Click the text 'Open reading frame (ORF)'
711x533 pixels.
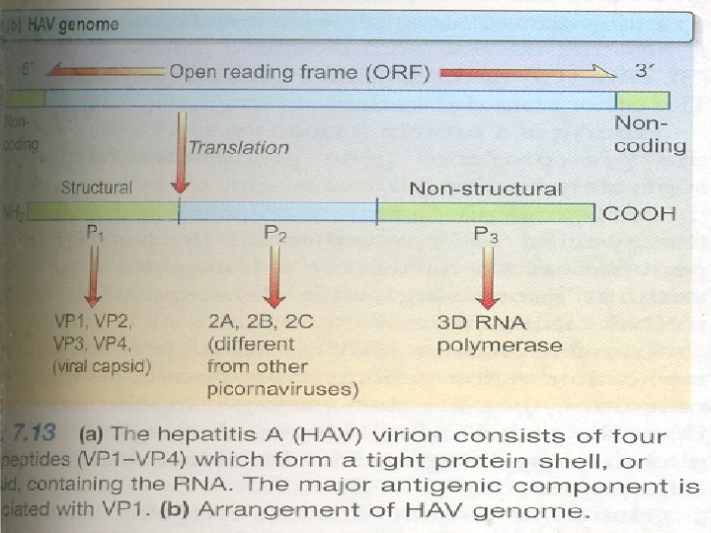pos(299,73)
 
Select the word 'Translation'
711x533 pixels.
pos(239,147)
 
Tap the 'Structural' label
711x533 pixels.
pos(96,188)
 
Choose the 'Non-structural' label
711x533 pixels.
pos(485,189)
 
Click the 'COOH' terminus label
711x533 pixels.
pos(640,212)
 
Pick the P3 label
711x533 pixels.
pos(486,234)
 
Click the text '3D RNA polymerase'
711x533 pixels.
pos(500,334)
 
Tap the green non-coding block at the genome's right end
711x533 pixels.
pos(643,100)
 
